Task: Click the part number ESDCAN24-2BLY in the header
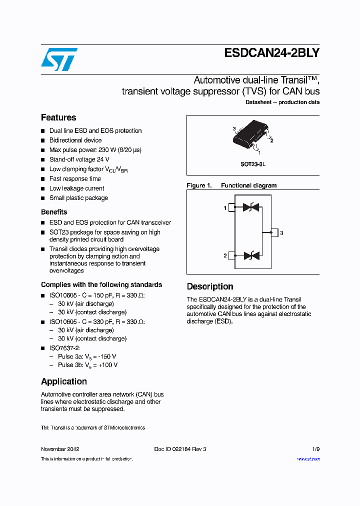click(x=272, y=53)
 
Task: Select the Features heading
click(x=58, y=117)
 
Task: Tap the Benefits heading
click(x=54, y=212)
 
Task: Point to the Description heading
click(x=210, y=286)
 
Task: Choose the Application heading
click(x=64, y=381)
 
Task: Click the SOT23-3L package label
click(x=253, y=164)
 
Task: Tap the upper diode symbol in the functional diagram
click(x=250, y=207)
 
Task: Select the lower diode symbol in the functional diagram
click(x=250, y=255)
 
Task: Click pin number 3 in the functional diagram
click(x=281, y=233)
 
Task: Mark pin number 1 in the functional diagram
click(x=225, y=207)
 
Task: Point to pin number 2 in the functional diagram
click(x=225, y=256)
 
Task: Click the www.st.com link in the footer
click(x=308, y=459)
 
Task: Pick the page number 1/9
click(x=315, y=449)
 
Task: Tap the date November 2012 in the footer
click(x=60, y=449)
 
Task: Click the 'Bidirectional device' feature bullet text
click(x=75, y=140)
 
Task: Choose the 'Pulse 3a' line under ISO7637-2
click(x=87, y=356)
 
